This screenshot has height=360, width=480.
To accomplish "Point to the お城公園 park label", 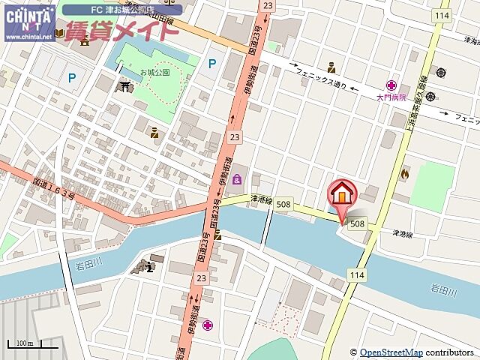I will tap(154, 73).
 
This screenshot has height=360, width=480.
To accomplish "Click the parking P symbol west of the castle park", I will tap(72, 76).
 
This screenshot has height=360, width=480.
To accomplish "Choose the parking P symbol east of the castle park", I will tap(212, 64).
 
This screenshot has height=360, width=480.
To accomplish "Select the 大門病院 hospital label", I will tap(391, 97).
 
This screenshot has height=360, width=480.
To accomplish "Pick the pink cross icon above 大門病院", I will tap(391, 85).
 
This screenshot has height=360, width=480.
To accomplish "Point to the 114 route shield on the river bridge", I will tap(356, 276).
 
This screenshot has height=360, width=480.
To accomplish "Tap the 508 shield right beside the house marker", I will tap(357, 223).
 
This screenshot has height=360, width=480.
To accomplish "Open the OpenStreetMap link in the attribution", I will tap(391, 352).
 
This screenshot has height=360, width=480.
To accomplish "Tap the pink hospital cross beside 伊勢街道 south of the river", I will tap(207, 325).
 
